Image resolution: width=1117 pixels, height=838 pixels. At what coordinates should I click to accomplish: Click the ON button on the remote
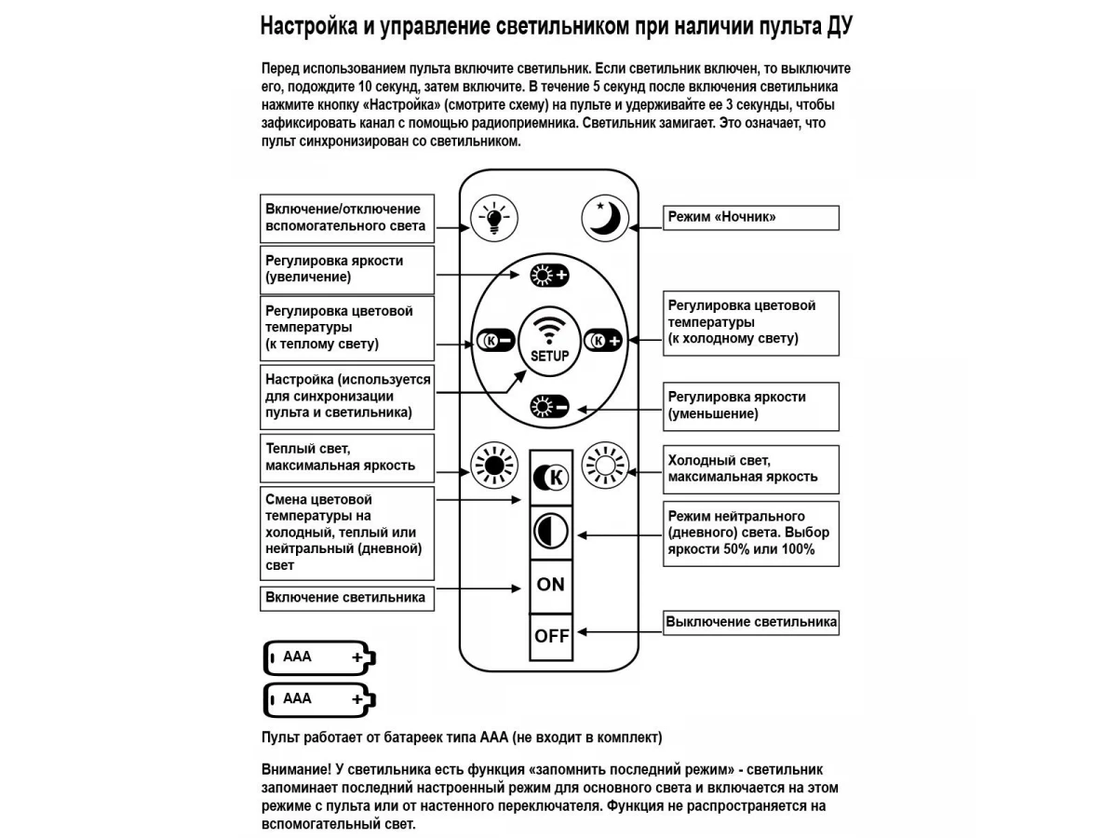(551, 585)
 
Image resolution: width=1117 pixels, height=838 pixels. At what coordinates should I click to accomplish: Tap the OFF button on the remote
(551, 637)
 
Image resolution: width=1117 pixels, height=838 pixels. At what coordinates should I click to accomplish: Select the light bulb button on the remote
(491, 218)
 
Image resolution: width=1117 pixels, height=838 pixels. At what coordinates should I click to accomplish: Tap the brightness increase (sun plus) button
(548, 274)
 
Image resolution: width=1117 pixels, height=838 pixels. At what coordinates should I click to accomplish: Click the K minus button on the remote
(493, 341)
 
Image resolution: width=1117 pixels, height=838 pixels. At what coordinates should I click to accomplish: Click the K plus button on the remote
(602, 341)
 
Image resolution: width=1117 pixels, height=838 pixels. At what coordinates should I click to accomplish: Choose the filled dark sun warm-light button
(493, 464)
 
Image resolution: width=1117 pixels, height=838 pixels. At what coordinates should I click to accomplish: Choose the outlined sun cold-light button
(603, 464)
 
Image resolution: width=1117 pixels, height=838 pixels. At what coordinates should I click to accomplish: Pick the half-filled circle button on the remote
(551, 531)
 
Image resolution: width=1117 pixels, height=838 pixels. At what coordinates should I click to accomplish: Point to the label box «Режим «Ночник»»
(750, 218)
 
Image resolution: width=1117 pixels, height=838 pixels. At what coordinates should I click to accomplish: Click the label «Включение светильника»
(346, 598)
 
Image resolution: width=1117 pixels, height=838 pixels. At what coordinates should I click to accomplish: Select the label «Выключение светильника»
(750, 622)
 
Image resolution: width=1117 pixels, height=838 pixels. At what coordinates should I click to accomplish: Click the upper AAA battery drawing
(319, 657)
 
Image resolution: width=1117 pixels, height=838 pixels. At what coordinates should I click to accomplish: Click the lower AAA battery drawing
(319, 699)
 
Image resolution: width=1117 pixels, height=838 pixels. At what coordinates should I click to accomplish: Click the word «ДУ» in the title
(839, 26)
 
